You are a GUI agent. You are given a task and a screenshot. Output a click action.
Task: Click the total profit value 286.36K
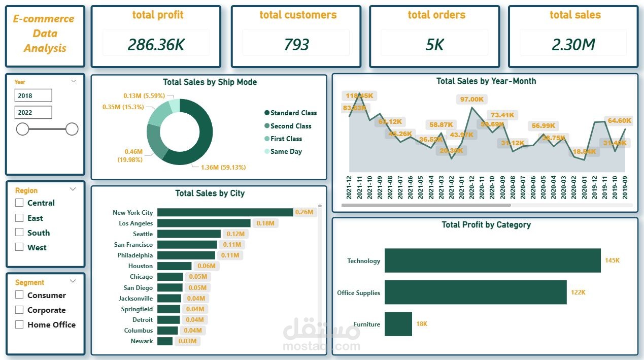click(156, 45)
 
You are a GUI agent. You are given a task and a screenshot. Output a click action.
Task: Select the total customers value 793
click(296, 45)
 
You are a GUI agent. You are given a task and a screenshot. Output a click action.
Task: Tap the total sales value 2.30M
click(573, 45)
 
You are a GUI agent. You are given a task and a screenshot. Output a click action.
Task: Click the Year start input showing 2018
click(33, 95)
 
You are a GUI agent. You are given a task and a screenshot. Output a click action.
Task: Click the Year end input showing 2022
click(33, 112)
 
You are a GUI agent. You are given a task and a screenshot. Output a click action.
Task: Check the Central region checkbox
click(19, 203)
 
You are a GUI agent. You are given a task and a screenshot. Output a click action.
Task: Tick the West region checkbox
click(19, 247)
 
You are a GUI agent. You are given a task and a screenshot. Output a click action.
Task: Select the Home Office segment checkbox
click(19, 324)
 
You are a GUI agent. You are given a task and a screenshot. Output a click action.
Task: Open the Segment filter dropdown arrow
click(73, 281)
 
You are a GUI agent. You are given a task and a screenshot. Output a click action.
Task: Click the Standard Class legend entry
click(293, 113)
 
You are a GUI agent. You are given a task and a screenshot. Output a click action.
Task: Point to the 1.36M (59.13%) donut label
click(223, 167)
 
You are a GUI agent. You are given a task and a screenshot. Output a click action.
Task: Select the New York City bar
click(225, 212)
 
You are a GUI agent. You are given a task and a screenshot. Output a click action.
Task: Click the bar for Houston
click(174, 266)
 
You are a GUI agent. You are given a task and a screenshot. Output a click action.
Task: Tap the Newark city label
click(142, 341)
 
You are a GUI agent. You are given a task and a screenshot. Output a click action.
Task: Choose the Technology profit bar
click(492, 260)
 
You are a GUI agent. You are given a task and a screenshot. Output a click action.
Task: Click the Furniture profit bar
click(398, 324)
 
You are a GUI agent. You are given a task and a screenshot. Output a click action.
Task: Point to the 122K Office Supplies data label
click(578, 292)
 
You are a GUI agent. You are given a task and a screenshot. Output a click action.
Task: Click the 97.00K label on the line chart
click(471, 99)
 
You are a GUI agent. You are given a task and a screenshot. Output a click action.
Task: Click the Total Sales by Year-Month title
click(486, 81)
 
